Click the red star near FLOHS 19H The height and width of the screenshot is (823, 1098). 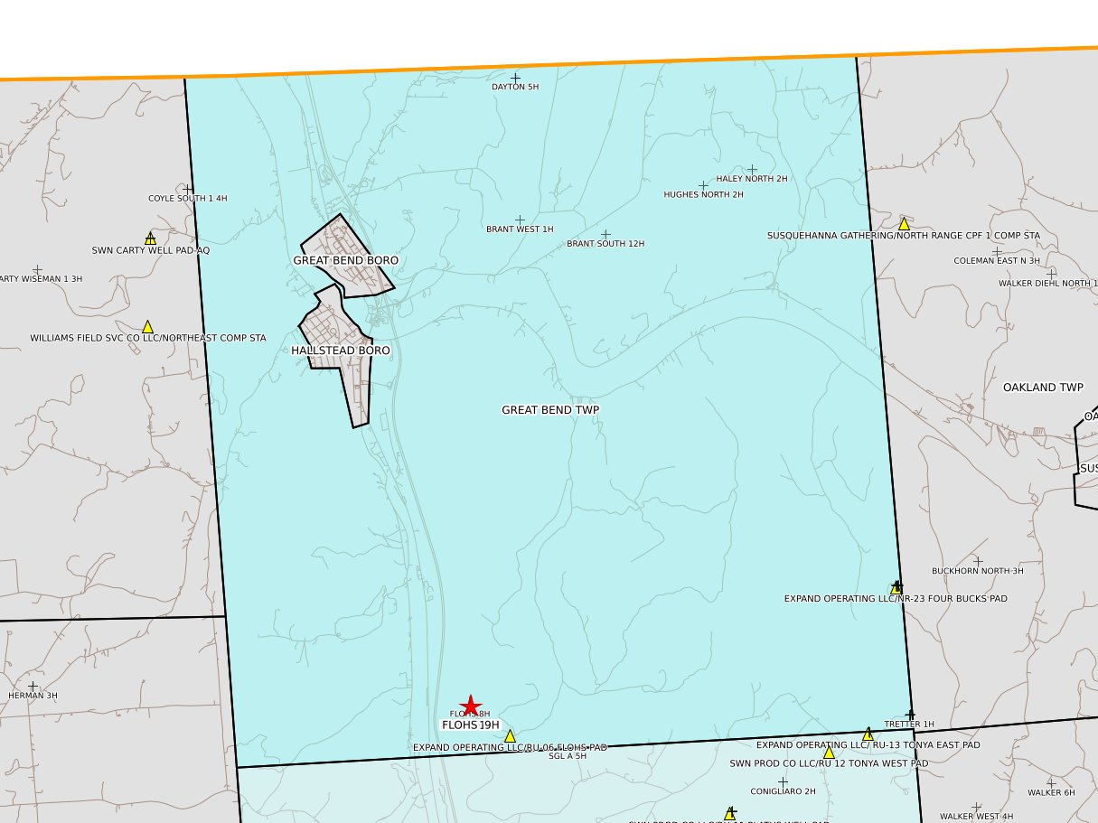click(470, 706)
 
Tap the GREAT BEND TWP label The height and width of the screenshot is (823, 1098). click(550, 410)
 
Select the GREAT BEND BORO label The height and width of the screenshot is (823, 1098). click(345, 260)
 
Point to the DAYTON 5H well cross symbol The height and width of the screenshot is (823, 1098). click(516, 78)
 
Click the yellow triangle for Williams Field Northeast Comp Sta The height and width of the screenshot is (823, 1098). click(147, 327)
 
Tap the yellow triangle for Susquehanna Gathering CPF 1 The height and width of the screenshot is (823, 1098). click(904, 223)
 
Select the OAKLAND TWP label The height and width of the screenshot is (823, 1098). click(1043, 388)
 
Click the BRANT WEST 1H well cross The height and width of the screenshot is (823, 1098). click(520, 220)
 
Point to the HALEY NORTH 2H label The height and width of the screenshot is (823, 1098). click(752, 179)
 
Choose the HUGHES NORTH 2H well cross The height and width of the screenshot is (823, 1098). click(703, 185)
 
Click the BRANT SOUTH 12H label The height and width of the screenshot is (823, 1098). click(605, 244)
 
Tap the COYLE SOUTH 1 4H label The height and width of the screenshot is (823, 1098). click(188, 199)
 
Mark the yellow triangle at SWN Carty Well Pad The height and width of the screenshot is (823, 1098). click(150, 238)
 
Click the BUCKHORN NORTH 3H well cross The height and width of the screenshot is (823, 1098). click(978, 560)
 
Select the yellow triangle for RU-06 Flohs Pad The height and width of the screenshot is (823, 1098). click(510, 736)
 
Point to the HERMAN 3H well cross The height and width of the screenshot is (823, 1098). click(33, 686)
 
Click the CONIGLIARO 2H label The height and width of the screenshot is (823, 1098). click(783, 791)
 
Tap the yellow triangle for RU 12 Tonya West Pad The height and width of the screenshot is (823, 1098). click(829, 753)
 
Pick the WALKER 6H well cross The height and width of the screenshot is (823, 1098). click(1051, 782)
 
